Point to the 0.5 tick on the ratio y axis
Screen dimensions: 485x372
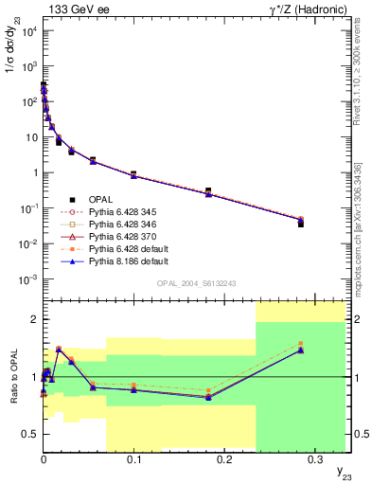point(30,434)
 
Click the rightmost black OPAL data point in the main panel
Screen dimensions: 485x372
point(301,223)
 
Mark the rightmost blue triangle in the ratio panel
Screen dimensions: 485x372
point(301,350)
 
